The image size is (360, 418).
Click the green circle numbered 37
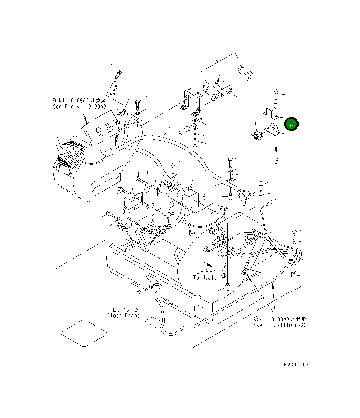click(291, 125)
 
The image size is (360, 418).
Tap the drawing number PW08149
click(296, 364)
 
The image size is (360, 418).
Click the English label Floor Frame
click(123, 315)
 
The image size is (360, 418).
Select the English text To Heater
click(206, 277)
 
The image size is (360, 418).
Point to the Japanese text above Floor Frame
click(123, 309)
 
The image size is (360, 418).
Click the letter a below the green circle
click(276, 161)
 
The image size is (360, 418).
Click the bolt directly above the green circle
click(276, 94)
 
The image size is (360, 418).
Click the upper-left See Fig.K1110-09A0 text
click(79, 106)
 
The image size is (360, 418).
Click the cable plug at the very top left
click(119, 74)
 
